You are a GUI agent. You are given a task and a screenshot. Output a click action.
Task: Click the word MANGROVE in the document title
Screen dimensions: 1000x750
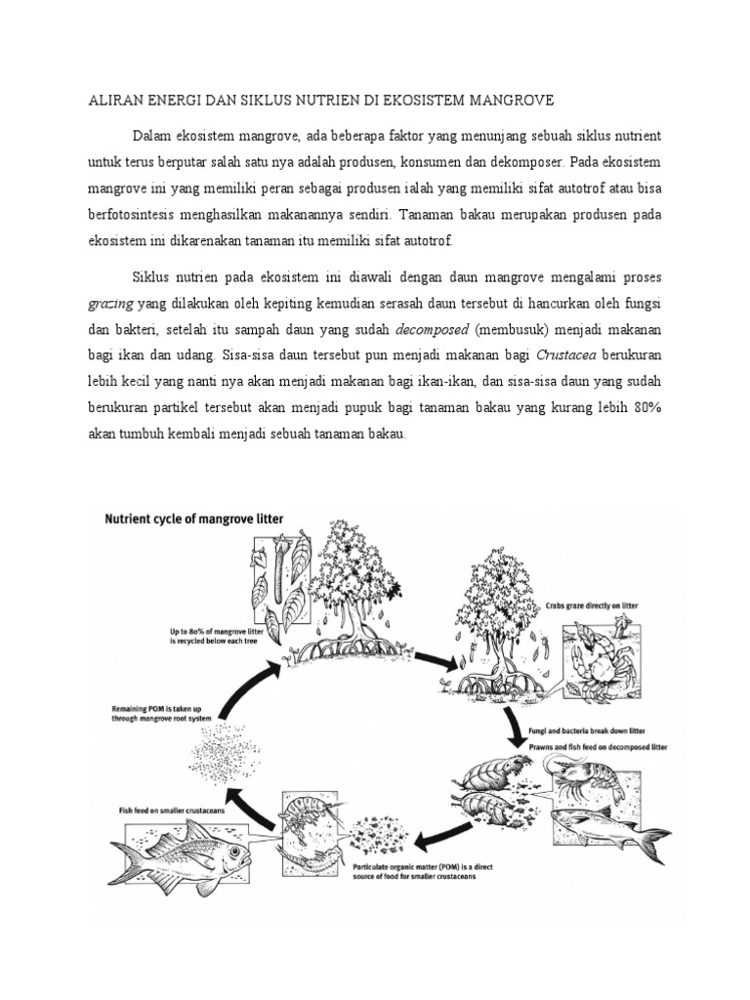[501, 101]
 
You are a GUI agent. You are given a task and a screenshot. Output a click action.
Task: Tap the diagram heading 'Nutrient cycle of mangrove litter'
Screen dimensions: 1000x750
[194, 521]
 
